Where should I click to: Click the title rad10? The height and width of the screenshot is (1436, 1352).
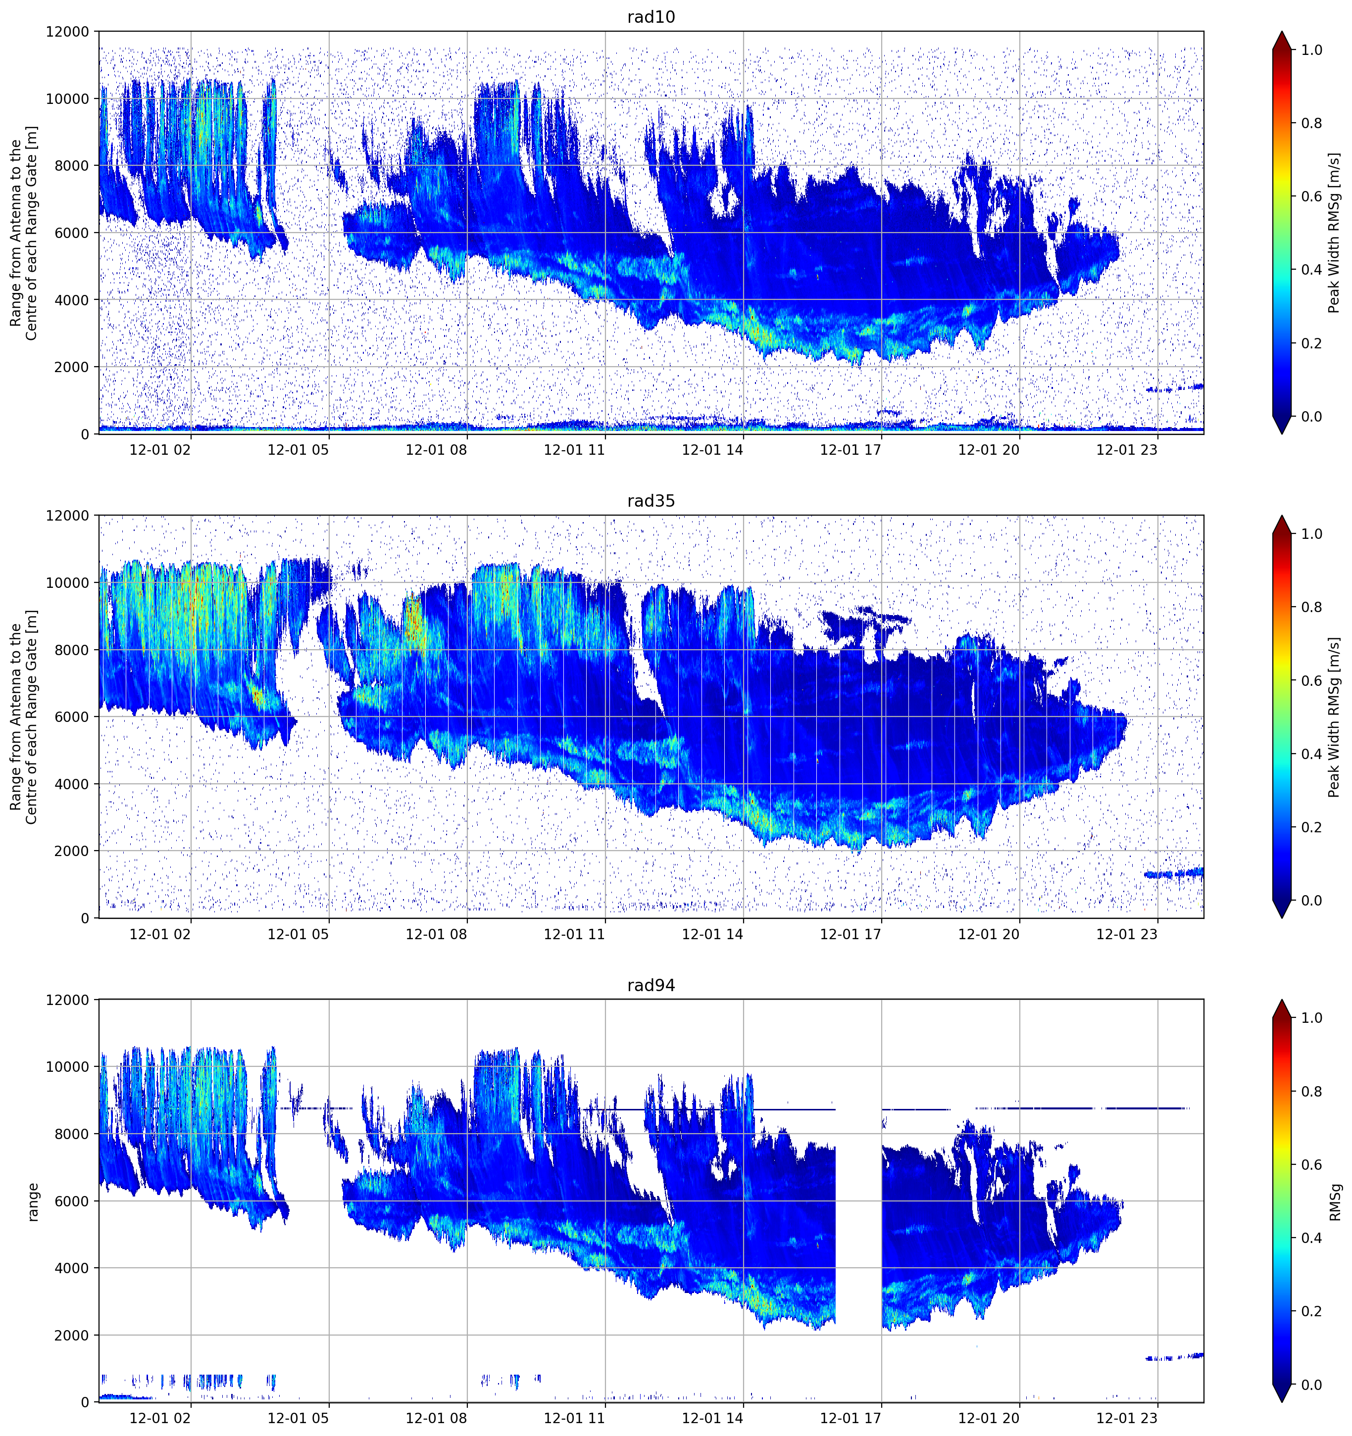coord(651,17)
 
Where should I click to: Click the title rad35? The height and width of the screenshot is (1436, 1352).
coord(651,501)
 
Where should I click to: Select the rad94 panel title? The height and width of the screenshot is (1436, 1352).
coord(651,985)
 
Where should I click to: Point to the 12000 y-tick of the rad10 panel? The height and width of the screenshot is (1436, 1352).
coord(67,32)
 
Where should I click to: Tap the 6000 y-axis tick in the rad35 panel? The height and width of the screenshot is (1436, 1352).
coord(72,717)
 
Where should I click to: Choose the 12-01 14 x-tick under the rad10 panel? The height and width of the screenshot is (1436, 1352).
coord(712,450)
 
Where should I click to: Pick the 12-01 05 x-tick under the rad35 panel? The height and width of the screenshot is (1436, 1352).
coord(298,934)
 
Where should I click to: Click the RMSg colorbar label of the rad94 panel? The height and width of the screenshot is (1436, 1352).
coord(1335,1201)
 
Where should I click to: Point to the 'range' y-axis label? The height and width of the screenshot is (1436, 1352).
coord(33,1202)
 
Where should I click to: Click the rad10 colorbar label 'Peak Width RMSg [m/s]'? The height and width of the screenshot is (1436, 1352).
coord(1334,233)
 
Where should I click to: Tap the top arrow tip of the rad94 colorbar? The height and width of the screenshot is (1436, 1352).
coord(1281,1000)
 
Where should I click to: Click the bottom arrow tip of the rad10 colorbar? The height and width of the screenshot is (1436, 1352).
coord(1281,434)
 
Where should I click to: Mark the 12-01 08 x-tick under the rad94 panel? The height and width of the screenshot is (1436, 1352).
coord(436,1418)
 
